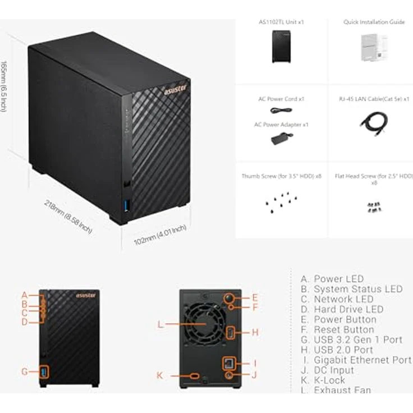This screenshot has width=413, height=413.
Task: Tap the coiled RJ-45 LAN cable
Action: point(373,122)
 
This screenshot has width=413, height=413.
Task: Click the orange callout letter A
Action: point(25,295)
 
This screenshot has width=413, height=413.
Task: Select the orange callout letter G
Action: point(25,371)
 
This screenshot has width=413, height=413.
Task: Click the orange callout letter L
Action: point(160,324)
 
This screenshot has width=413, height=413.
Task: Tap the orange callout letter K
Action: point(160,375)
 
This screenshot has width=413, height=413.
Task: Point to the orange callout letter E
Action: point(254,298)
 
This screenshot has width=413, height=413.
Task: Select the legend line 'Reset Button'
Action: point(343,329)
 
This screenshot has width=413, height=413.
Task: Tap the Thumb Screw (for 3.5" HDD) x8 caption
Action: point(281,176)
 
